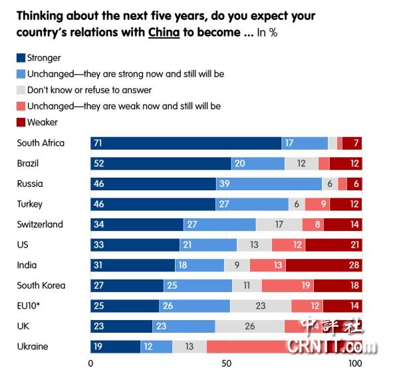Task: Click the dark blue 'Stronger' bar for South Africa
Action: tap(186, 143)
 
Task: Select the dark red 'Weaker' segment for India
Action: tap(323, 265)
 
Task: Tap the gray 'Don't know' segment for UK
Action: tap(250, 326)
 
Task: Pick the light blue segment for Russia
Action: tap(269, 184)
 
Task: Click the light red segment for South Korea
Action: tap(287, 285)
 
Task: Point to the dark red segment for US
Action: tap(333, 245)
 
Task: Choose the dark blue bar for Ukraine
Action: tap(116, 346)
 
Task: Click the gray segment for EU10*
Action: tap(261, 305)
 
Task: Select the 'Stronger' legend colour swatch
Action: tap(21, 59)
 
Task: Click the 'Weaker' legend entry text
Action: tap(43, 122)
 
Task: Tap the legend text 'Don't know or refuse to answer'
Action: tap(89, 90)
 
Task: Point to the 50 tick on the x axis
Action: tap(226, 364)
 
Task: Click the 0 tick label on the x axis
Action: tap(91, 364)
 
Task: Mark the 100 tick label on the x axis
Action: tap(356, 364)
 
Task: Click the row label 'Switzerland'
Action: tap(40, 224)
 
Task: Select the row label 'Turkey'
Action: tap(31, 204)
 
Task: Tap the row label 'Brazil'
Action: tap(29, 163)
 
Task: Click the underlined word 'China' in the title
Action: tap(164, 33)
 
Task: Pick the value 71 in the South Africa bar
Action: tap(99, 143)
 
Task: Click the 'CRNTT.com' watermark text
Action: tap(332, 347)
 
